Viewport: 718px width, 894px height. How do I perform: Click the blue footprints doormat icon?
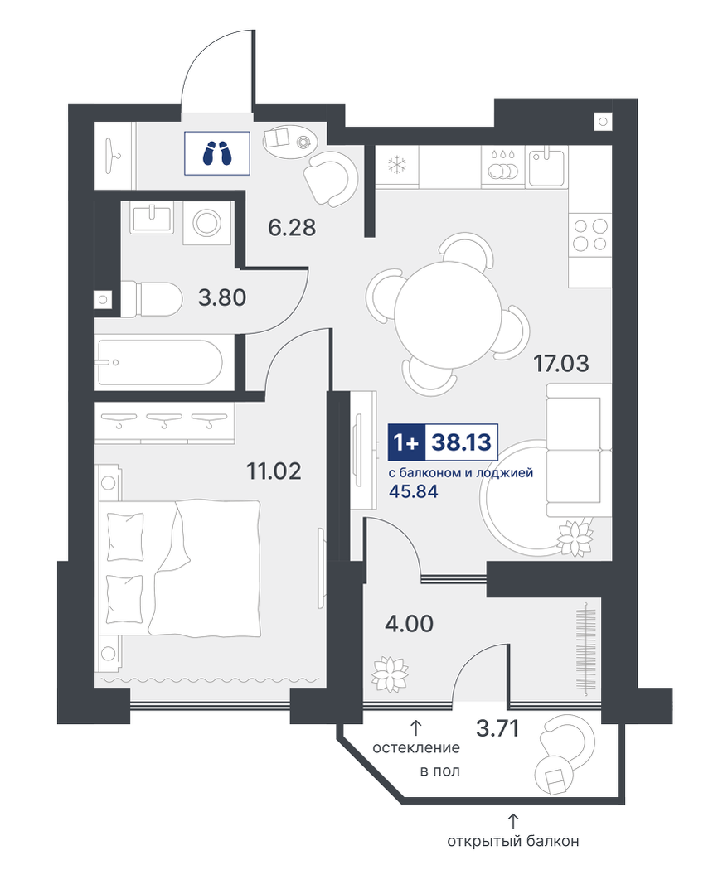(x=217, y=152)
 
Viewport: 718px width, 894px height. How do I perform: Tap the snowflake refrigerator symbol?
(x=395, y=166)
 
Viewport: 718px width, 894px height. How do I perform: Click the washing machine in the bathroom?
(x=206, y=223)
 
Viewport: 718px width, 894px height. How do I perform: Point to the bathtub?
(x=160, y=363)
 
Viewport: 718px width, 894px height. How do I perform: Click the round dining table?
(x=448, y=314)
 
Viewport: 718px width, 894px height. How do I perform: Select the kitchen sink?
(x=546, y=166)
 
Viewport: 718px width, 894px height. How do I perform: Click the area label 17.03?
(x=561, y=363)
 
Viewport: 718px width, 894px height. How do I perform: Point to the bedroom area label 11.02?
(x=274, y=471)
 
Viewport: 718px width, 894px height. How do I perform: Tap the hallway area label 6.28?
(x=292, y=228)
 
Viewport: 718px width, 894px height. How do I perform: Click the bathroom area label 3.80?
(x=222, y=297)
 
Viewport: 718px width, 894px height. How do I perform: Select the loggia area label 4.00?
(x=409, y=623)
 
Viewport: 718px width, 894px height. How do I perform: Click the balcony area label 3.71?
(x=497, y=728)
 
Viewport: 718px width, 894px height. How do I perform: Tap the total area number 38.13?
(x=462, y=442)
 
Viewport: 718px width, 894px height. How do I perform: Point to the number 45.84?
(x=413, y=490)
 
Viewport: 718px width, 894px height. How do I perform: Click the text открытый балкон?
(x=512, y=841)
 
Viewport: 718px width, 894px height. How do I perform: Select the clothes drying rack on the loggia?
(x=586, y=649)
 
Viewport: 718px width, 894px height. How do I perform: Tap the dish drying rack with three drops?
(x=502, y=166)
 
